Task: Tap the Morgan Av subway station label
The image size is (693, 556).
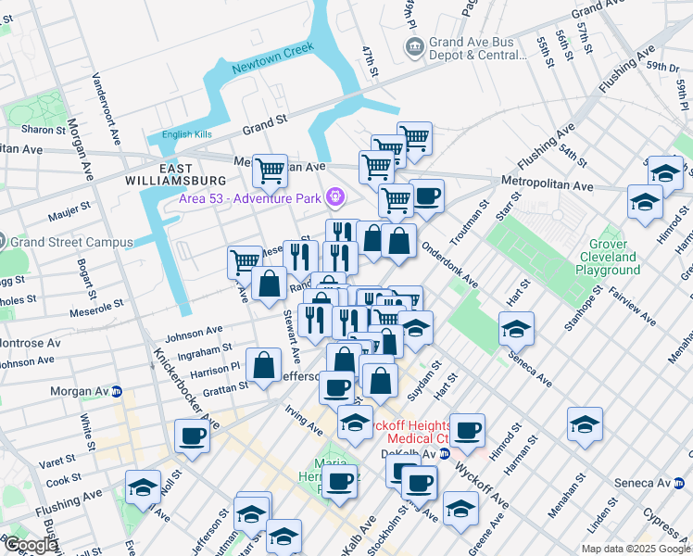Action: [x=84, y=391]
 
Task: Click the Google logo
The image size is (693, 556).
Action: [x=30, y=545]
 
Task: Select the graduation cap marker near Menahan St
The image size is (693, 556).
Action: [x=586, y=423]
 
